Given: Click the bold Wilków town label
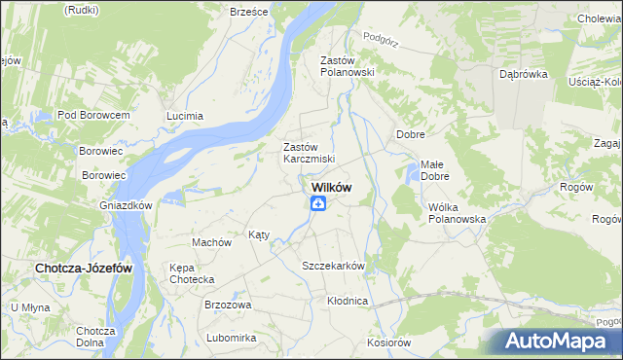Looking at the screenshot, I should (x=331, y=188).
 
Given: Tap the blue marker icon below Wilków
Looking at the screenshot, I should (x=318, y=203).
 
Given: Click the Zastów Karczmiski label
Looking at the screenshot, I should (x=309, y=153).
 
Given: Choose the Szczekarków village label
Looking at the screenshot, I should (x=333, y=266).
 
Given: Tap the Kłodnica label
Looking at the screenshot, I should (x=348, y=301).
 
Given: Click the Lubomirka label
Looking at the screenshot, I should (x=231, y=338).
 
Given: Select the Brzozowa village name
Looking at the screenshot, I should (x=228, y=305).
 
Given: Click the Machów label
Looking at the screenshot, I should (x=211, y=242).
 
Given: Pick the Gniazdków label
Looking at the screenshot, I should (x=126, y=206).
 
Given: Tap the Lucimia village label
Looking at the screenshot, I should (x=185, y=116).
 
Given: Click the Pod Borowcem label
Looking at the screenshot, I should (x=93, y=115).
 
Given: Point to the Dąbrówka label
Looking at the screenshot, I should (x=523, y=74).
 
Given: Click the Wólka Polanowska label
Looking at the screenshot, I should (x=457, y=213).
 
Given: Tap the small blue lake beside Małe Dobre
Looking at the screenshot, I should (x=413, y=174).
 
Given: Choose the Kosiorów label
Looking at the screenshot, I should (x=389, y=342).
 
